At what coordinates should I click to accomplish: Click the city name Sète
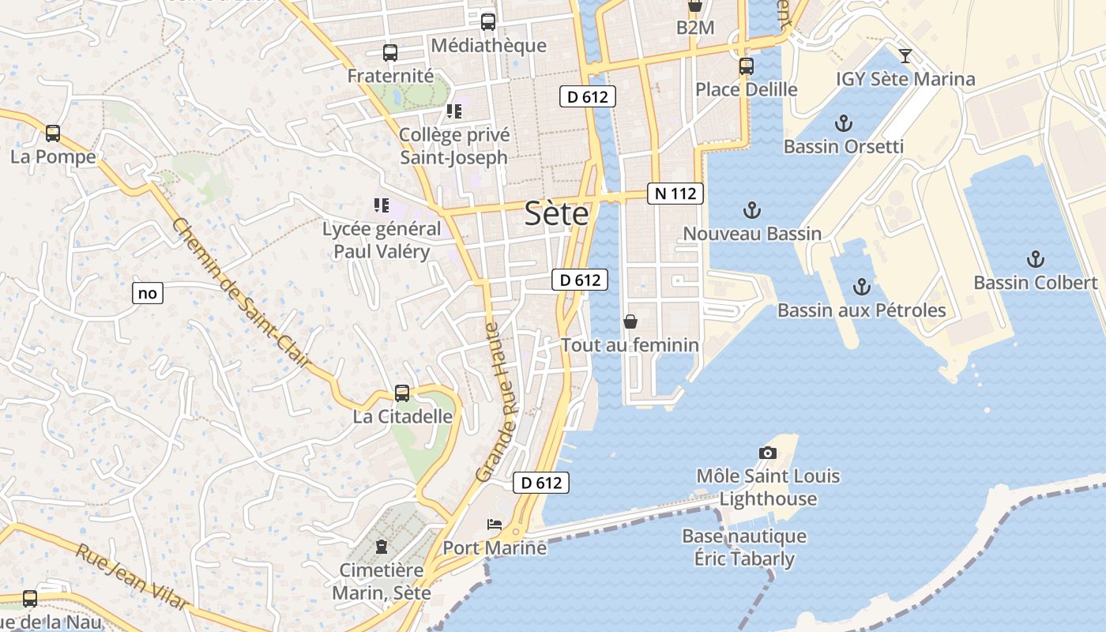click(557, 214)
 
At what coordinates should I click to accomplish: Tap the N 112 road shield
click(675, 194)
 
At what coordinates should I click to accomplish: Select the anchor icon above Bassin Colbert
click(1035, 259)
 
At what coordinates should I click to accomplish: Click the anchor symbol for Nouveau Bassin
click(752, 210)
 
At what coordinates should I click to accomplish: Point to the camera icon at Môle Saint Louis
click(767, 453)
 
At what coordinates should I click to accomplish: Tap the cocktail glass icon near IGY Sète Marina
click(905, 56)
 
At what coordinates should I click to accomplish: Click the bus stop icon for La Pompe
click(53, 134)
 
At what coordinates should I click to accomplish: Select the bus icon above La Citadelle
click(402, 393)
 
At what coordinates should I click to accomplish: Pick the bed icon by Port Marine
click(494, 525)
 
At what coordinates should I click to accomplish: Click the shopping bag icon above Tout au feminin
click(630, 322)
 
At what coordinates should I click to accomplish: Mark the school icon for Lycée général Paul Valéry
click(382, 205)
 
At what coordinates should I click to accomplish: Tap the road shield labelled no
click(148, 294)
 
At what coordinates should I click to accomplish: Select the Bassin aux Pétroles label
click(861, 310)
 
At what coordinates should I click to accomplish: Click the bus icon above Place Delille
click(747, 66)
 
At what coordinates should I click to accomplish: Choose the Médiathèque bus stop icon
click(488, 22)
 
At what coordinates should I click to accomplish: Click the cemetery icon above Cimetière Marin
click(382, 546)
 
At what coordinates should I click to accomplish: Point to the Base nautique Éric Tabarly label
click(744, 547)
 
